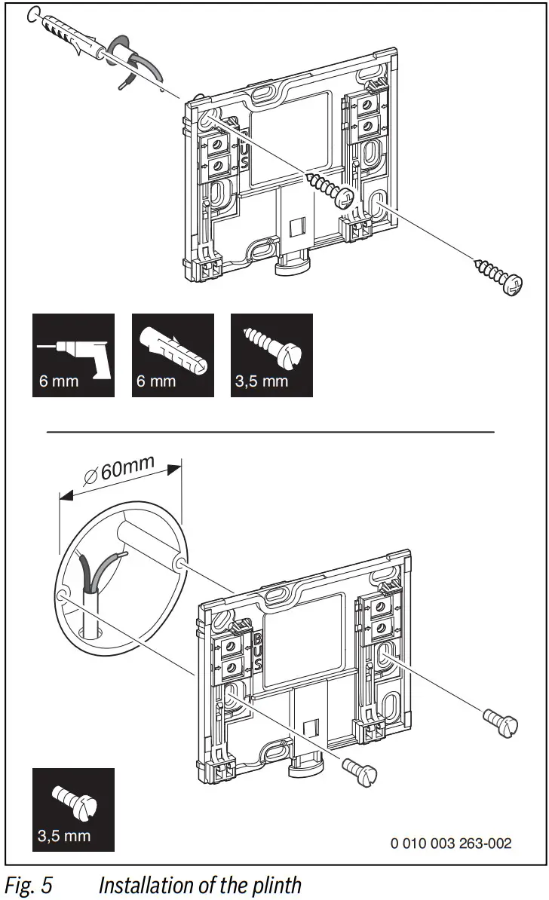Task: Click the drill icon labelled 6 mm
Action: pos(73,354)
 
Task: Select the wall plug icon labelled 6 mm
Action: pos(173,354)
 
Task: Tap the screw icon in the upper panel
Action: pos(271,354)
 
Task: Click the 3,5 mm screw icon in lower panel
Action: pos(73,809)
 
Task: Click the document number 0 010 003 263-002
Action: pos(451,843)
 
